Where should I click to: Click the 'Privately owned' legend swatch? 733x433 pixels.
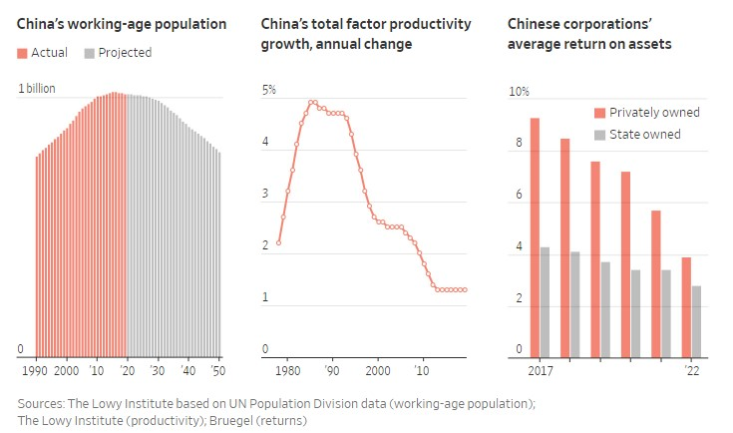pyautogui.click(x=599, y=113)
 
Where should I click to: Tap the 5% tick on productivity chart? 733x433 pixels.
pyautogui.click(x=268, y=91)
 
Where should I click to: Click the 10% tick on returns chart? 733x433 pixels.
pyautogui.click(x=519, y=92)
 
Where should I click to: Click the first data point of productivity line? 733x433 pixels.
pyautogui.click(x=278, y=242)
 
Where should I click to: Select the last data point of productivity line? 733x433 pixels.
pyautogui.click(x=466, y=289)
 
